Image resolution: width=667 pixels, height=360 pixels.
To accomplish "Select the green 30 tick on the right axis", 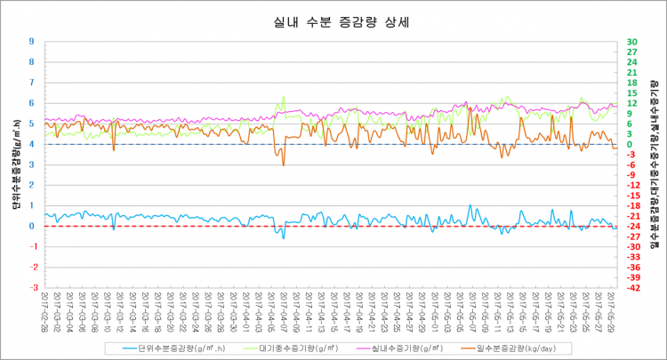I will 631,42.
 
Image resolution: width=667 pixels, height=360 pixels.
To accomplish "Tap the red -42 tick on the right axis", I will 632,287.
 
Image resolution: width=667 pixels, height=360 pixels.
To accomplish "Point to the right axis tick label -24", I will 632,226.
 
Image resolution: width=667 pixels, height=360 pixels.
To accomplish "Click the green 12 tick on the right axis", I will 631,103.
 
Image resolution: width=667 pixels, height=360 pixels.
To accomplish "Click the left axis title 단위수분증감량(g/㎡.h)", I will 16,164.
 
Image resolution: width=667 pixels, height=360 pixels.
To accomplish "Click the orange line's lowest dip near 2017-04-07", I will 284,165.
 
